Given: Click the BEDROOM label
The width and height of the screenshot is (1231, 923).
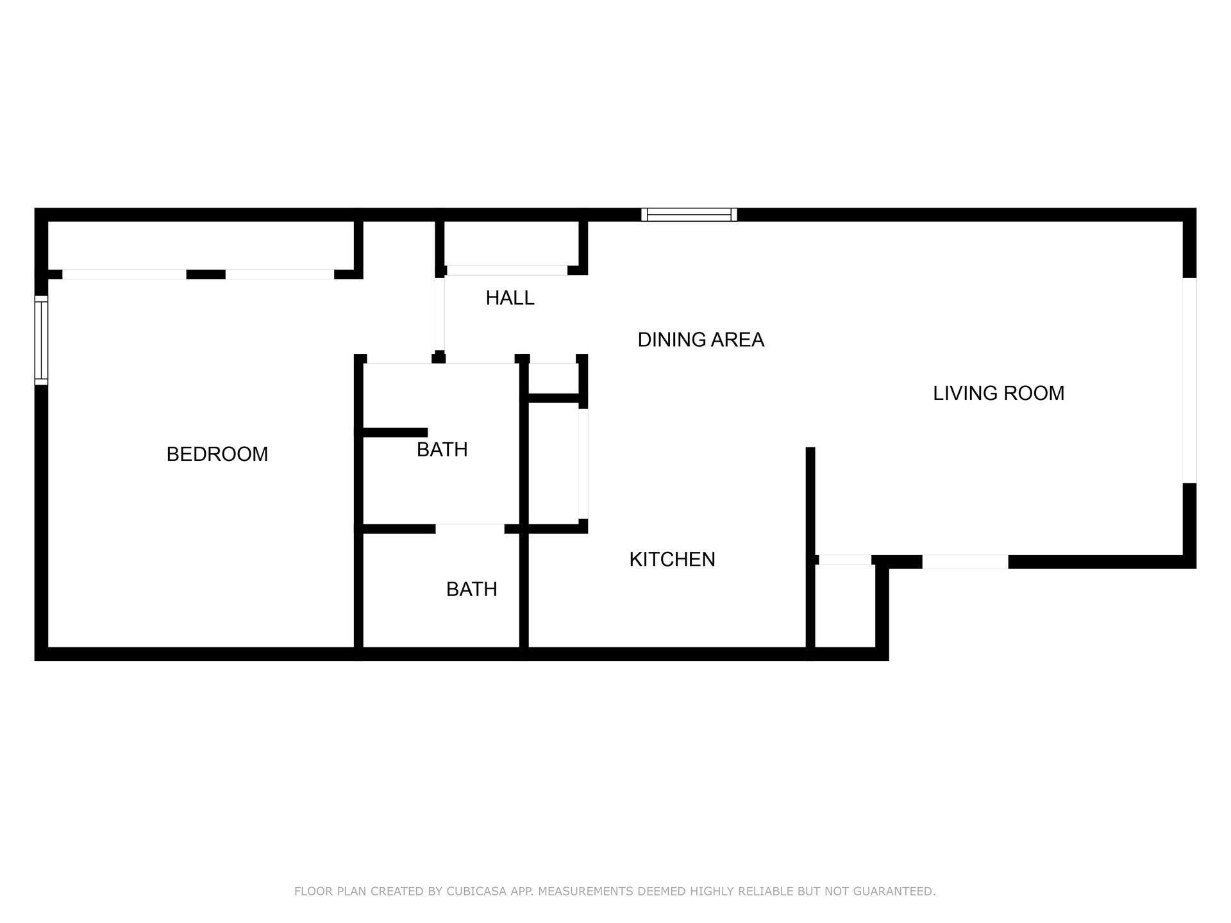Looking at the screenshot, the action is click(x=217, y=454).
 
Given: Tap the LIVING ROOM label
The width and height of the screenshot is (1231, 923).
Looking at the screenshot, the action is click(x=998, y=393).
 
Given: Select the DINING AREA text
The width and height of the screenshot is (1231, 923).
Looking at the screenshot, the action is click(x=701, y=340).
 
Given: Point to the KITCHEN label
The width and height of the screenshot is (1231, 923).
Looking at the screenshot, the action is click(x=672, y=560).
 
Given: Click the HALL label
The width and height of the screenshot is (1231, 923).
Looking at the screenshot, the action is click(x=510, y=298).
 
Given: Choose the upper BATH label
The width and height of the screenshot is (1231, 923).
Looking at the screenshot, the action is click(x=442, y=450).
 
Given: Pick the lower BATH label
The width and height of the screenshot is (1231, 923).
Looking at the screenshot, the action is click(x=471, y=589).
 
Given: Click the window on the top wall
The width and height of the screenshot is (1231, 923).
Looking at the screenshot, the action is click(x=689, y=215).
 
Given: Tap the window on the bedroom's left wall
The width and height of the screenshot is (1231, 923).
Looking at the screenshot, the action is click(x=41, y=340).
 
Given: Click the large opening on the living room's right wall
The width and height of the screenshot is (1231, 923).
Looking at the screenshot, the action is click(x=1189, y=380).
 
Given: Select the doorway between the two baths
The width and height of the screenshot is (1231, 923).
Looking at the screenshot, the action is click(x=470, y=529).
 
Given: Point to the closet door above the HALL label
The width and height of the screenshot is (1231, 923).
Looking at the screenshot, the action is click(x=507, y=270).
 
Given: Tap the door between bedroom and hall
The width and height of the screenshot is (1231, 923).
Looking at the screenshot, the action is click(x=439, y=314).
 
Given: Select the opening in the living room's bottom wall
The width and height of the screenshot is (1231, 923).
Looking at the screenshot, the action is click(x=965, y=562).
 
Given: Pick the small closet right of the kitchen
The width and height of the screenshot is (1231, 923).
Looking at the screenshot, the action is click(x=845, y=607).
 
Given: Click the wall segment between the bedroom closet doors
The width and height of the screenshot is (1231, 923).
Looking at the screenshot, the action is click(x=206, y=274).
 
